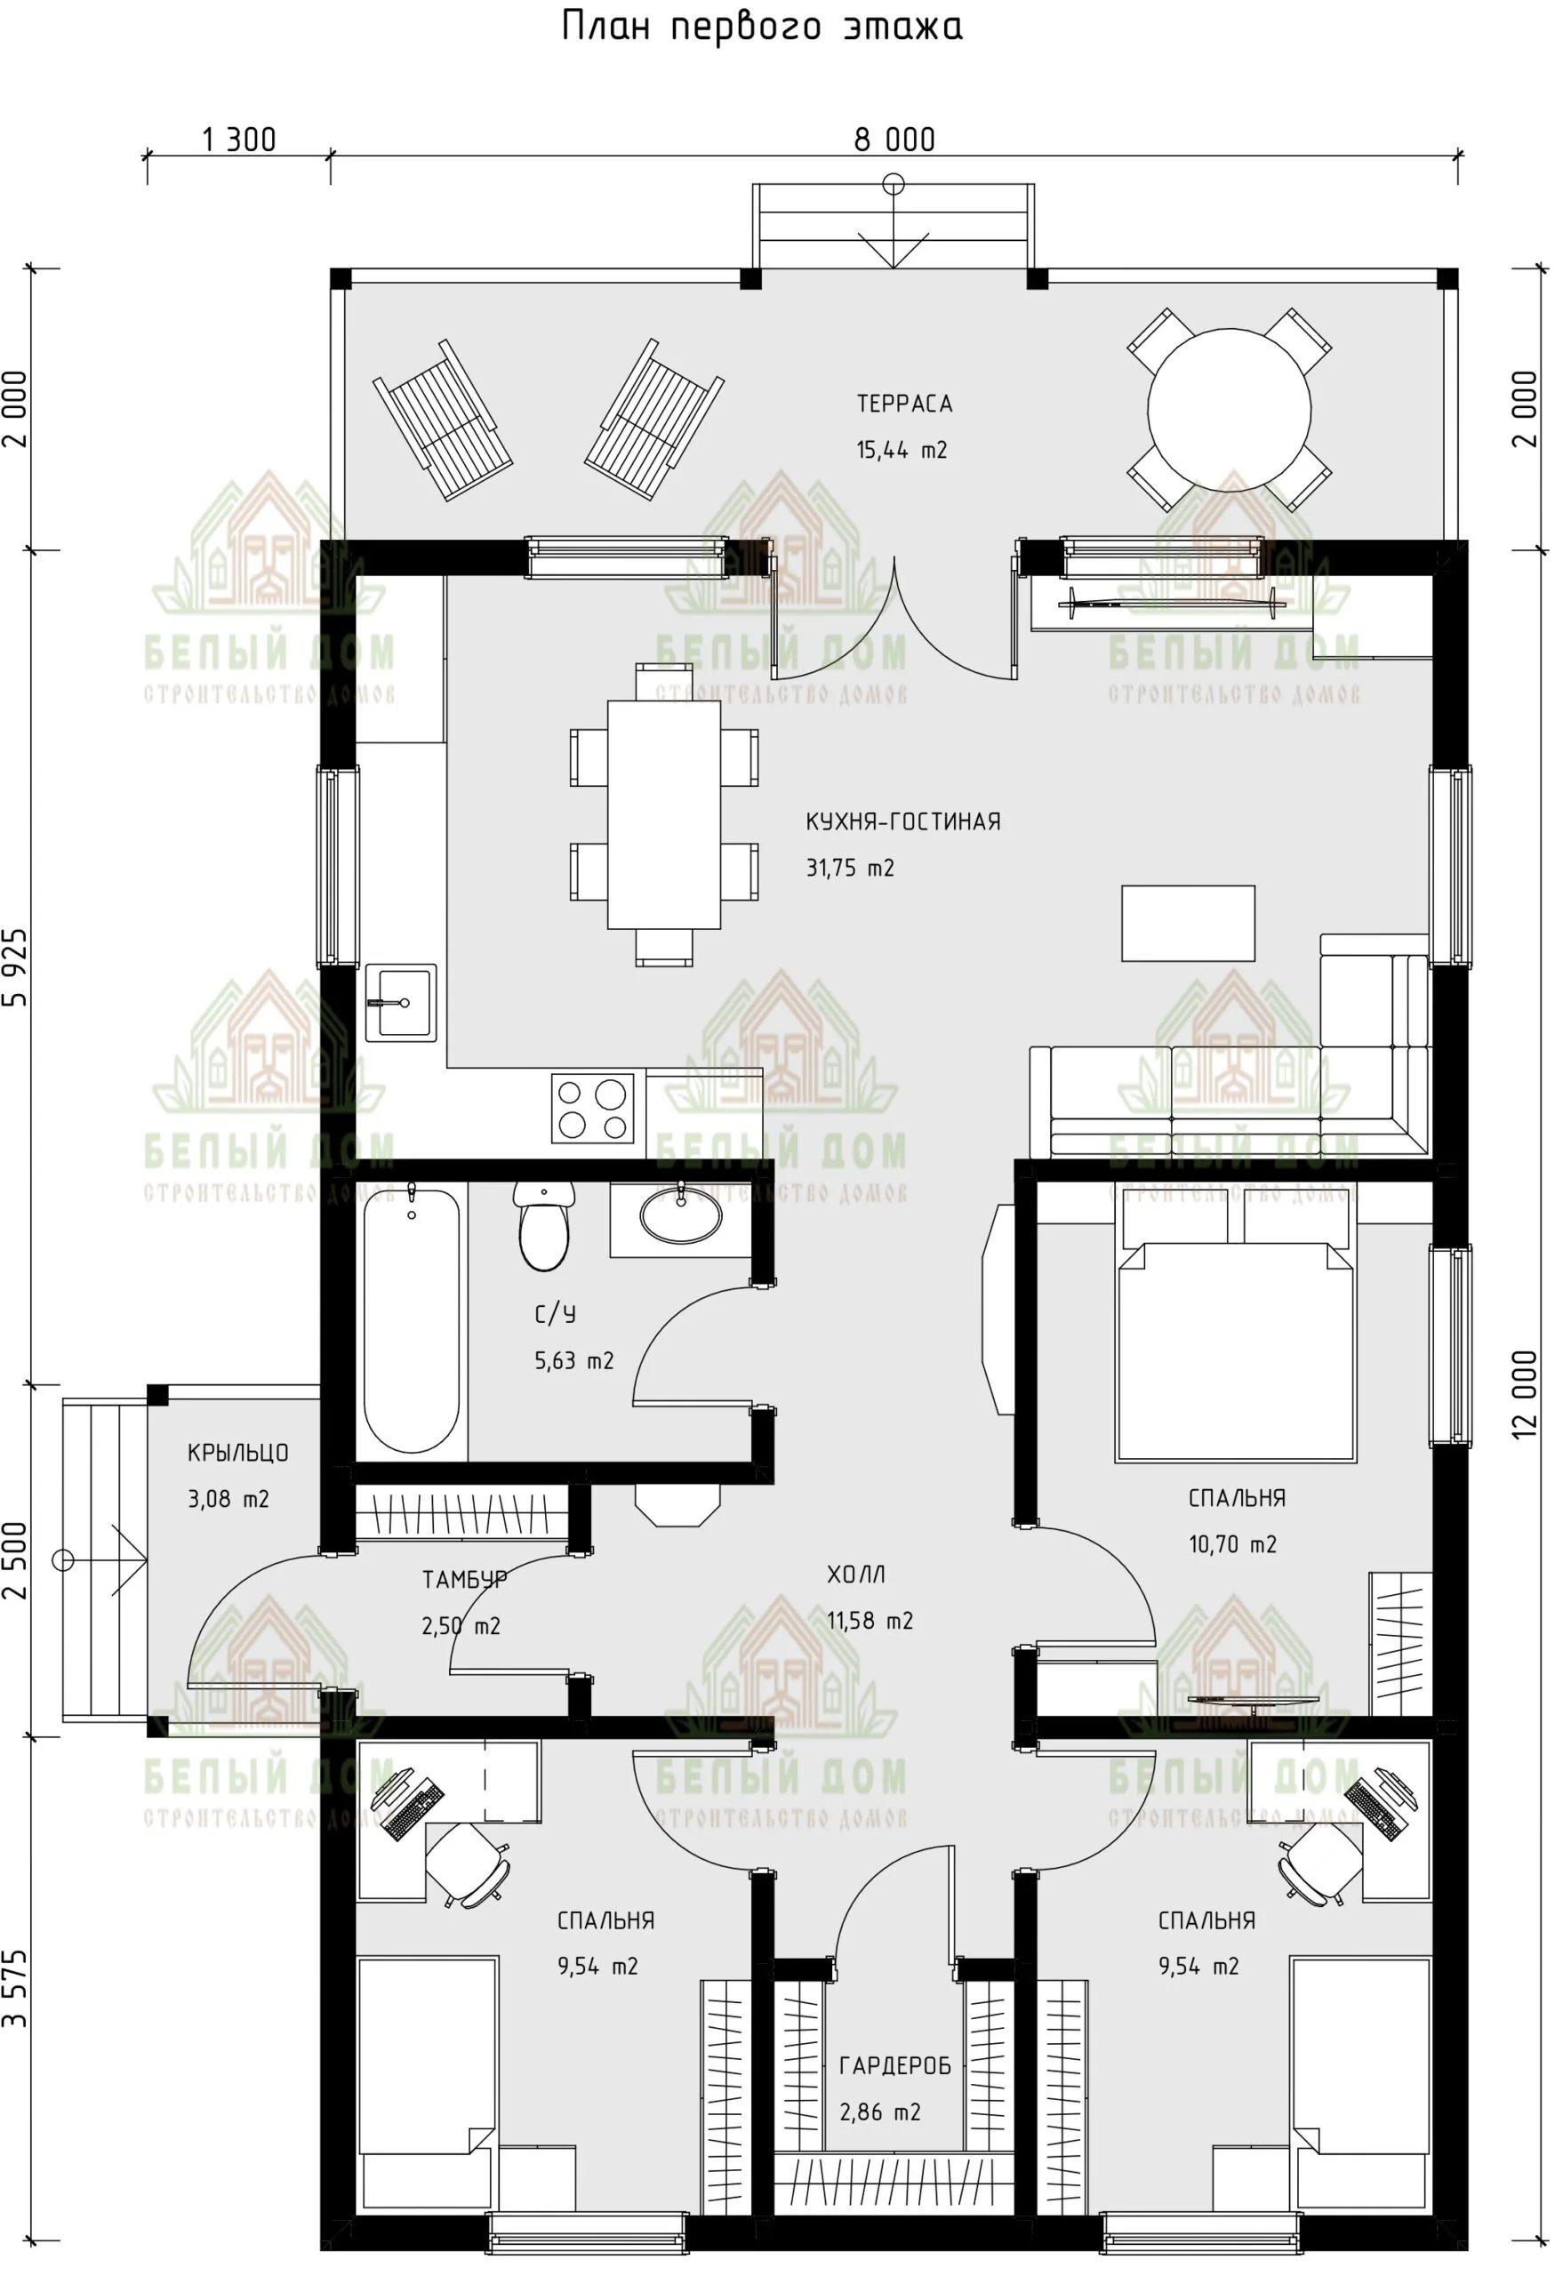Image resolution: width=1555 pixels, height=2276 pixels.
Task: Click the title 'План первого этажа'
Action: [762, 28]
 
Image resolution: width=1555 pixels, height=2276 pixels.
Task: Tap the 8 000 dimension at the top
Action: [894, 140]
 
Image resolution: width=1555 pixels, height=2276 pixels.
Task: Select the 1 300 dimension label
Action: [239, 140]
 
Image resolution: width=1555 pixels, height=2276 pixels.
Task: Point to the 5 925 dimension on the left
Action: [17, 967]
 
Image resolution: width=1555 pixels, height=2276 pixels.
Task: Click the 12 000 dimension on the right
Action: [1525, 1395]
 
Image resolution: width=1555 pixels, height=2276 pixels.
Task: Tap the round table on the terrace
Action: [1229, 409]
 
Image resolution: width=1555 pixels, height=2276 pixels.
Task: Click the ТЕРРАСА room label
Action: [904, 404]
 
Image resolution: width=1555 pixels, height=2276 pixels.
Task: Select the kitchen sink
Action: [400, 1002]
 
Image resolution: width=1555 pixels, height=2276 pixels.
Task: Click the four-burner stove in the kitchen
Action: [592, 1109]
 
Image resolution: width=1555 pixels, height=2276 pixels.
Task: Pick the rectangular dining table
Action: [664, 813]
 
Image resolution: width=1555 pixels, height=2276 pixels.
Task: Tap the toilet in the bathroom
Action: [543, 1225]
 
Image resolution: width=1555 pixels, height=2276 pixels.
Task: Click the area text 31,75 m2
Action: [850, 868]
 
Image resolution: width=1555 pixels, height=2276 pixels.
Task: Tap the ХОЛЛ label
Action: [856, 1575]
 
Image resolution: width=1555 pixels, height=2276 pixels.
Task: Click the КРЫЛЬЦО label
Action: [238, 1454]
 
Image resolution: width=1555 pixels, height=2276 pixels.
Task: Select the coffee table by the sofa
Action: [1188, 924]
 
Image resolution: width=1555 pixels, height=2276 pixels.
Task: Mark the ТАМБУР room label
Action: [464, 1580]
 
